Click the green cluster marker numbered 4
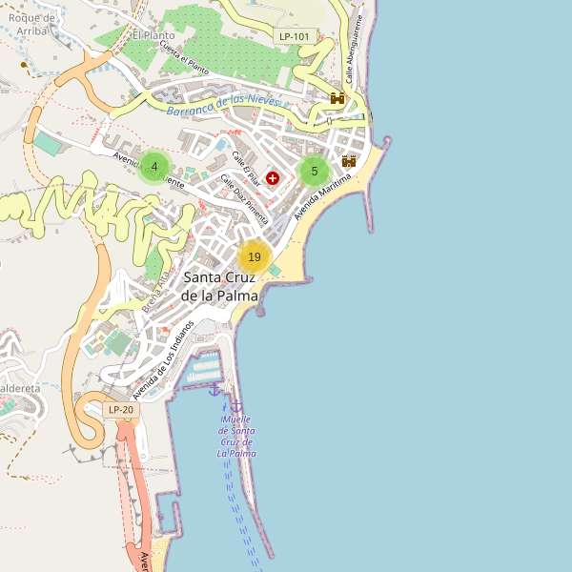[154, 167]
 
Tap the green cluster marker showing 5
[314, 172]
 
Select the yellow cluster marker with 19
[254, 257]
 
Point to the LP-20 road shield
[121, 410]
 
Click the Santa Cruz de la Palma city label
[220, 287]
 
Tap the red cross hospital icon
[273, 178]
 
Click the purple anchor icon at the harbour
[214, 389]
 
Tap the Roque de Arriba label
[28, 24]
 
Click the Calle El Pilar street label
[247, 167]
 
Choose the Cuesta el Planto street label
[184, 59]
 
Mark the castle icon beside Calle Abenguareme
[337, 98]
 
